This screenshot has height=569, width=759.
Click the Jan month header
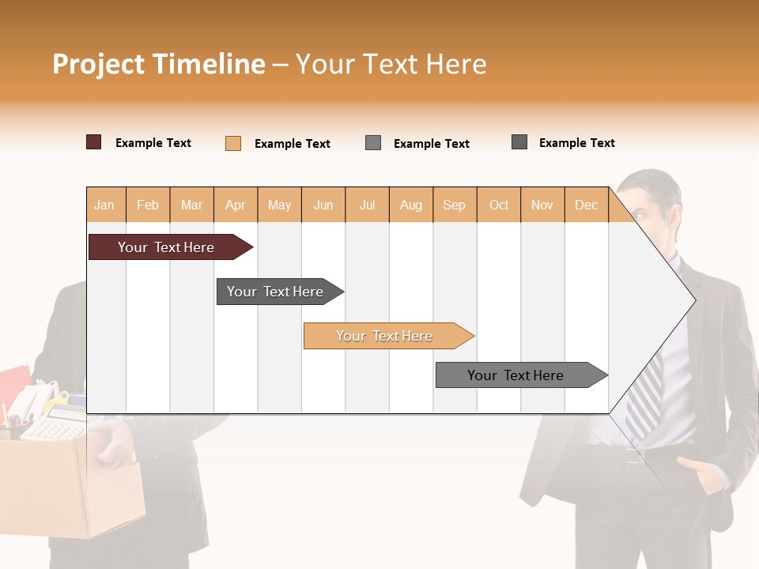coord(104,205)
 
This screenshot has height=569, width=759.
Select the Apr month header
coord(236,205)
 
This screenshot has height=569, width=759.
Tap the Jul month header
coord(367,205)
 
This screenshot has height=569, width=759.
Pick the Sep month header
coord(454,205)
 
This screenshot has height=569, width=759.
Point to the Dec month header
coord(586,205)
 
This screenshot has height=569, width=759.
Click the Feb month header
coord(148,205)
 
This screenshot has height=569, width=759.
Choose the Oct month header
coord(499,205)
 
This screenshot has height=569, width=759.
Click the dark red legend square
coord(94,142)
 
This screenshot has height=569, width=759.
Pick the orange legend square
coord(233,143)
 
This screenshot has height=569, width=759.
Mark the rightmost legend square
coord(519,142)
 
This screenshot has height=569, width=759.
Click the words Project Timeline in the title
coord(158,64)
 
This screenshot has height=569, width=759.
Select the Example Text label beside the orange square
coord(292,144)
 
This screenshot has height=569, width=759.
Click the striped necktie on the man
coord(644,395)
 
